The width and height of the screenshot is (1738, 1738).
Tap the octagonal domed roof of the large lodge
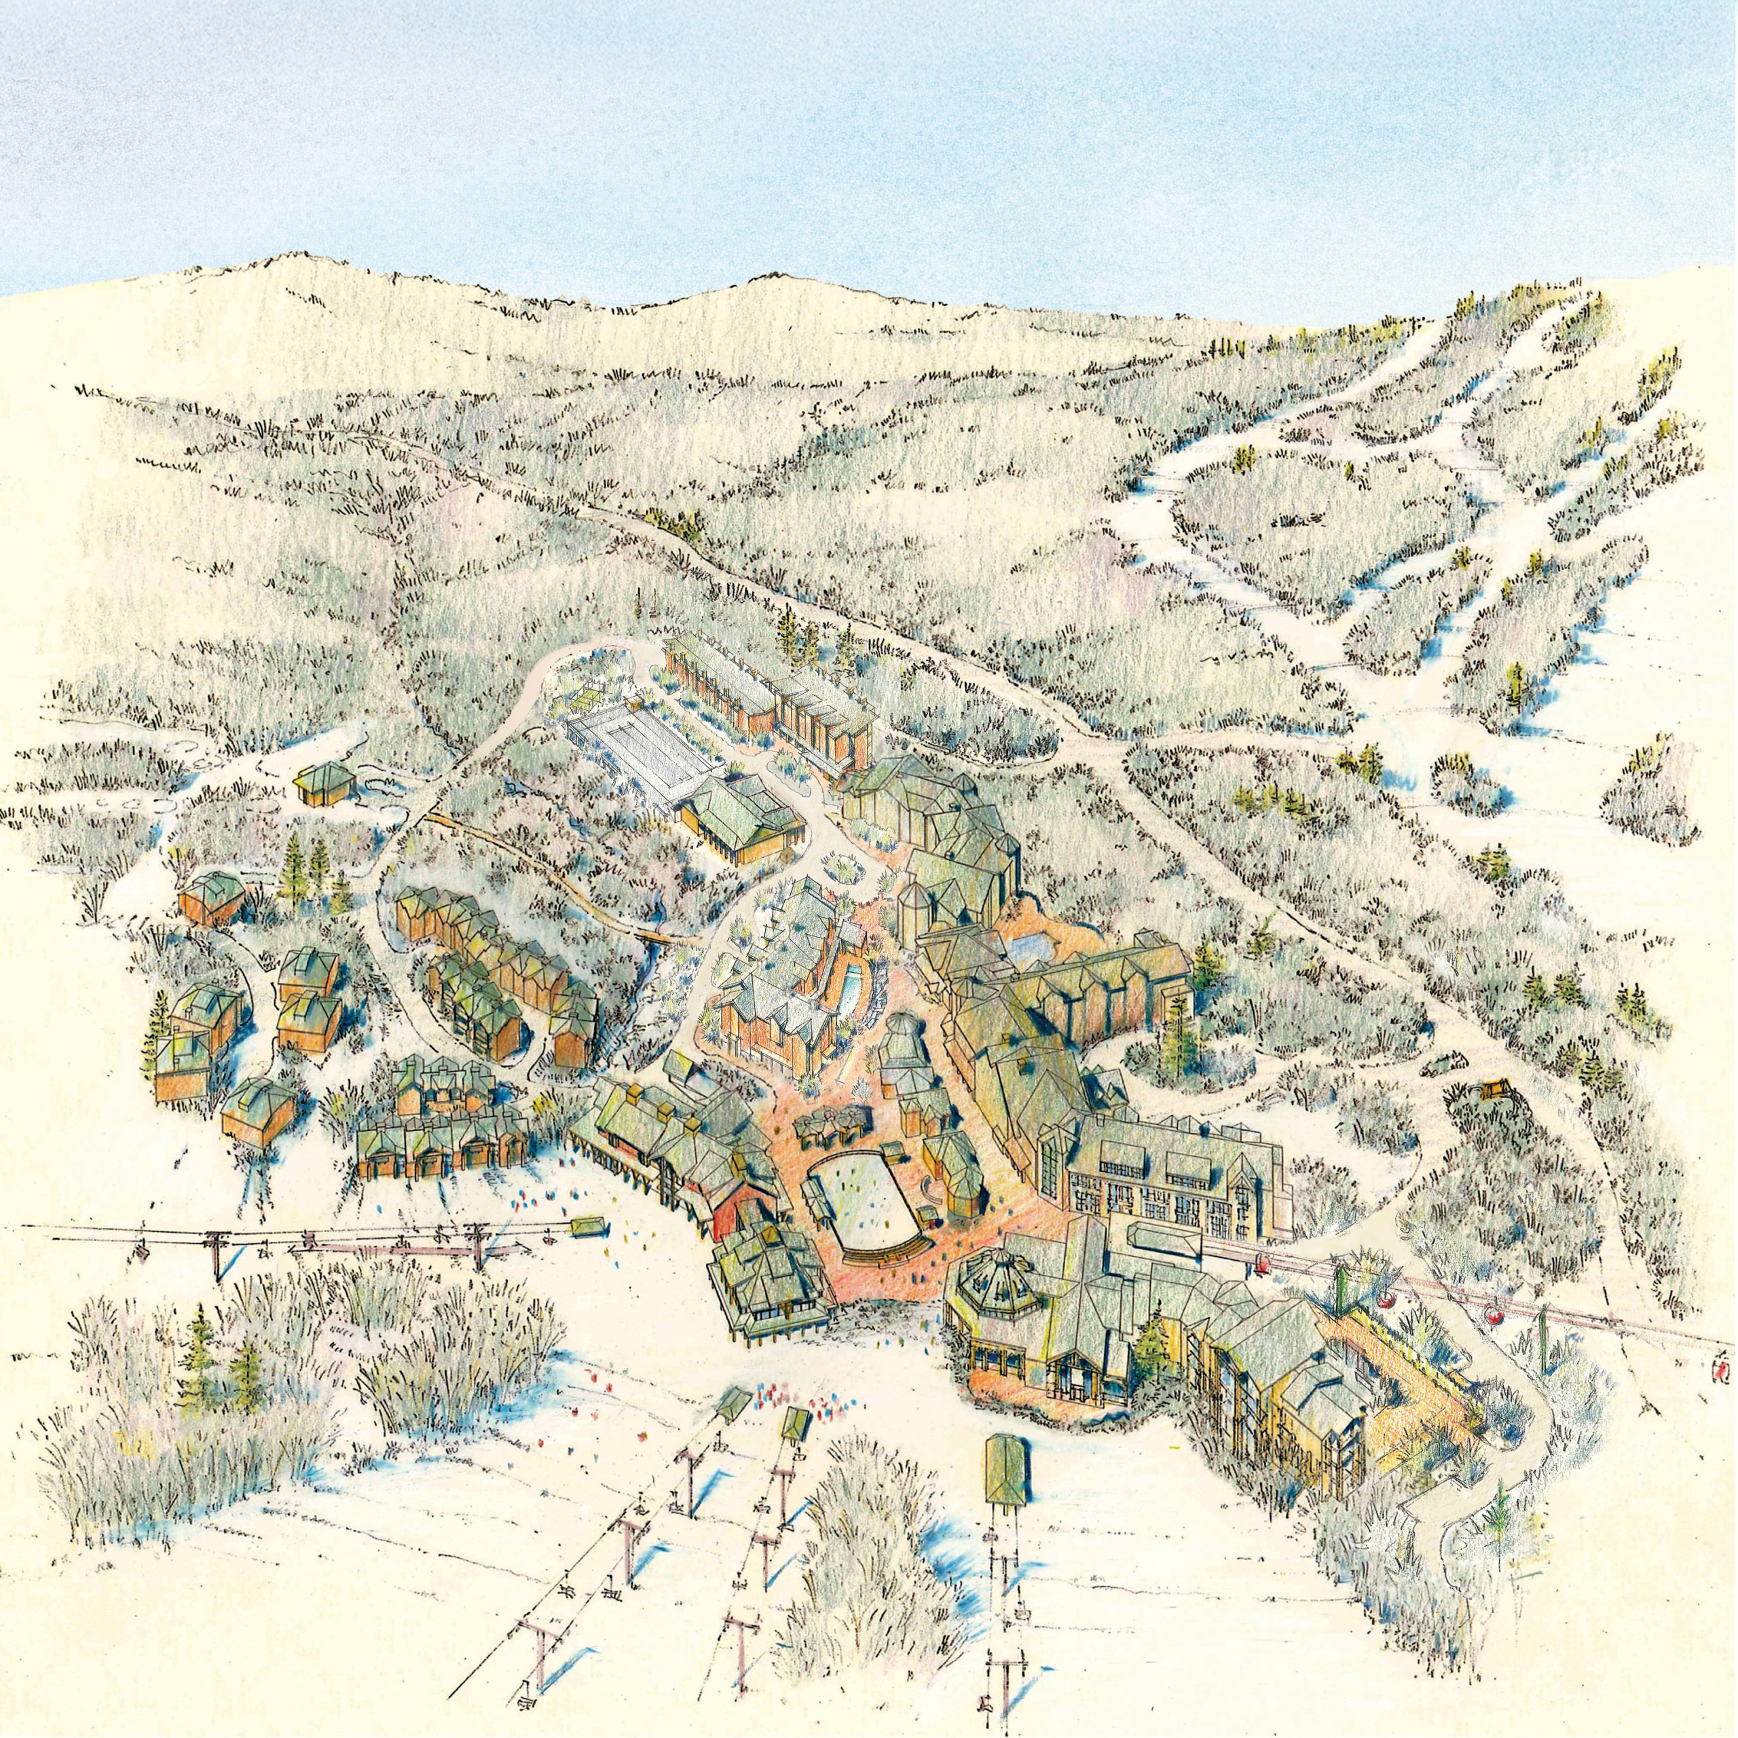pyautogui.click(x=997, y=1287)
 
